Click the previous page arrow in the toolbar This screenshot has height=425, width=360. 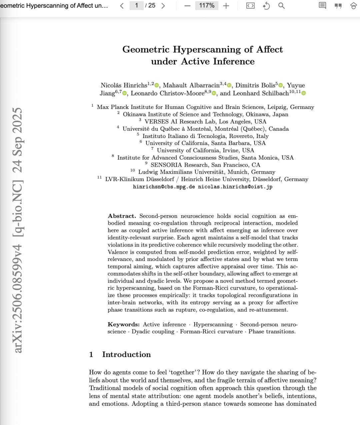[122, 6]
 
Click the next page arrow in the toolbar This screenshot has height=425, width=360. [163, 6]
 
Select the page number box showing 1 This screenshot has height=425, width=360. [137, 6]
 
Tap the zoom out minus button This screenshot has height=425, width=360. [187, 6]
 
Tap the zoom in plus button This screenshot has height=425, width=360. [226, 6]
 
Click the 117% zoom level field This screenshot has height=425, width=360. [207, 6]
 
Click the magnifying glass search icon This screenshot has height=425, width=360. [281, 6]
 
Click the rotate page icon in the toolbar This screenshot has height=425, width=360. [266, 6]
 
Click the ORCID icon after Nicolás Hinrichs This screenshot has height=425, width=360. [157, 86]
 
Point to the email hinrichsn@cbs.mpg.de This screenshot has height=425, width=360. [164, 187]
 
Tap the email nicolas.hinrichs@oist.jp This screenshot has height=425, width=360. [235, 187]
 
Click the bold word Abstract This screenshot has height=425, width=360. [122, 216]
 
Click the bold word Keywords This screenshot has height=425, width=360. [123, 324]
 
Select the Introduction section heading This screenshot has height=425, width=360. [126, 354]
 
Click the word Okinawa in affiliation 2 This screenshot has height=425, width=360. [135, 114]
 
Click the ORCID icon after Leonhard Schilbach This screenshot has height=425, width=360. [304, 94]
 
